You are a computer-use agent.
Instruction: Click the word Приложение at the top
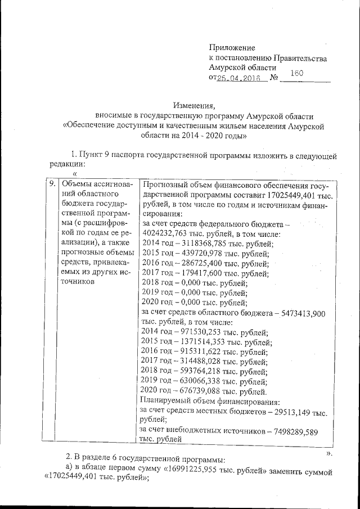click(x=232, y=48)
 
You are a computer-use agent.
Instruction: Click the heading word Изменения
click(x=195, y=105)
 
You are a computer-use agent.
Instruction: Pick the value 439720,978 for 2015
click(x=202, y=254)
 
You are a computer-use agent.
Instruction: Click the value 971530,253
click(x=199, y=333)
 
